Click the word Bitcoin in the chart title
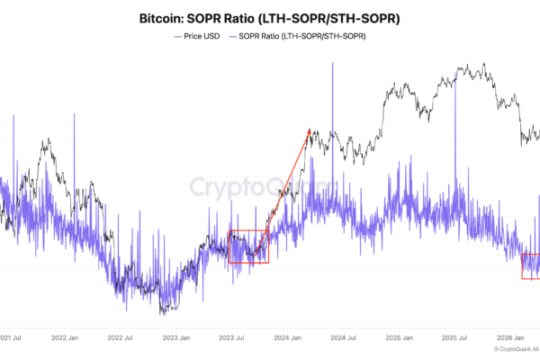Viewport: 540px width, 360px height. coord(165,19)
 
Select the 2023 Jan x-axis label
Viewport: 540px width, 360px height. coord(175,339)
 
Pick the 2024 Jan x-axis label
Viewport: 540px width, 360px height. coord(286,339)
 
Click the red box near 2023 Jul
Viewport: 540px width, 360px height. coord(248,247)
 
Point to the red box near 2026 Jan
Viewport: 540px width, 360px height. coord(531,266)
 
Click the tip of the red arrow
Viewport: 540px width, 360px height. coord(310,128)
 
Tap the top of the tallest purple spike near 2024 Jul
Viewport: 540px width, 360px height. coord(333,63)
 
